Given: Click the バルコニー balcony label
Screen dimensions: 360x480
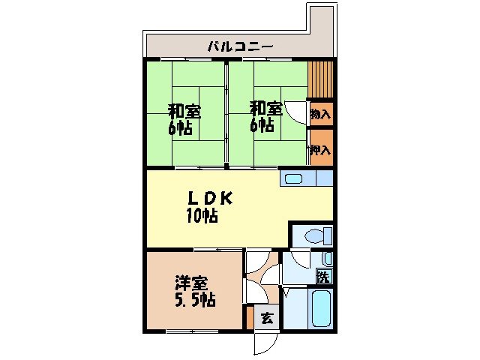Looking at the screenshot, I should pos(240,47).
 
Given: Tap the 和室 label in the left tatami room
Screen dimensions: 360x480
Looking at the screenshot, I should pos(184,111).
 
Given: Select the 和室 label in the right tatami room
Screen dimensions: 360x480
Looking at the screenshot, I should pos(266,108).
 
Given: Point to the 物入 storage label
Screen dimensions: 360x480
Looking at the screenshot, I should pos(320,114).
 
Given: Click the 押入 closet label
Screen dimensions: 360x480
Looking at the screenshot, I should pos(321,150).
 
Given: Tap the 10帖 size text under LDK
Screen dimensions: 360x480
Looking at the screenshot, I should pos(202,217).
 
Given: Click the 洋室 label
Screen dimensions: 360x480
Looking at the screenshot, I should pos(190,283).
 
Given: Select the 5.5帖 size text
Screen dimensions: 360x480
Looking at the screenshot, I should pos(196,301).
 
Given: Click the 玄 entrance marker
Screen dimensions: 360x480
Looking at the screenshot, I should pos(266,318).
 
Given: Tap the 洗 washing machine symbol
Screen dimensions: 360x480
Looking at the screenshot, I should pos(322,275).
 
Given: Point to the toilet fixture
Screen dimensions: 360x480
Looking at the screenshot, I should pos(314,236).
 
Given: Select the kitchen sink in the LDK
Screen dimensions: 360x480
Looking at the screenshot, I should pos(293,178).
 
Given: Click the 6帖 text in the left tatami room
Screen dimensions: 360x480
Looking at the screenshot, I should pos(180,127).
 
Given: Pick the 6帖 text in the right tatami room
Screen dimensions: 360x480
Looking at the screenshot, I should pos(262,124).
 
